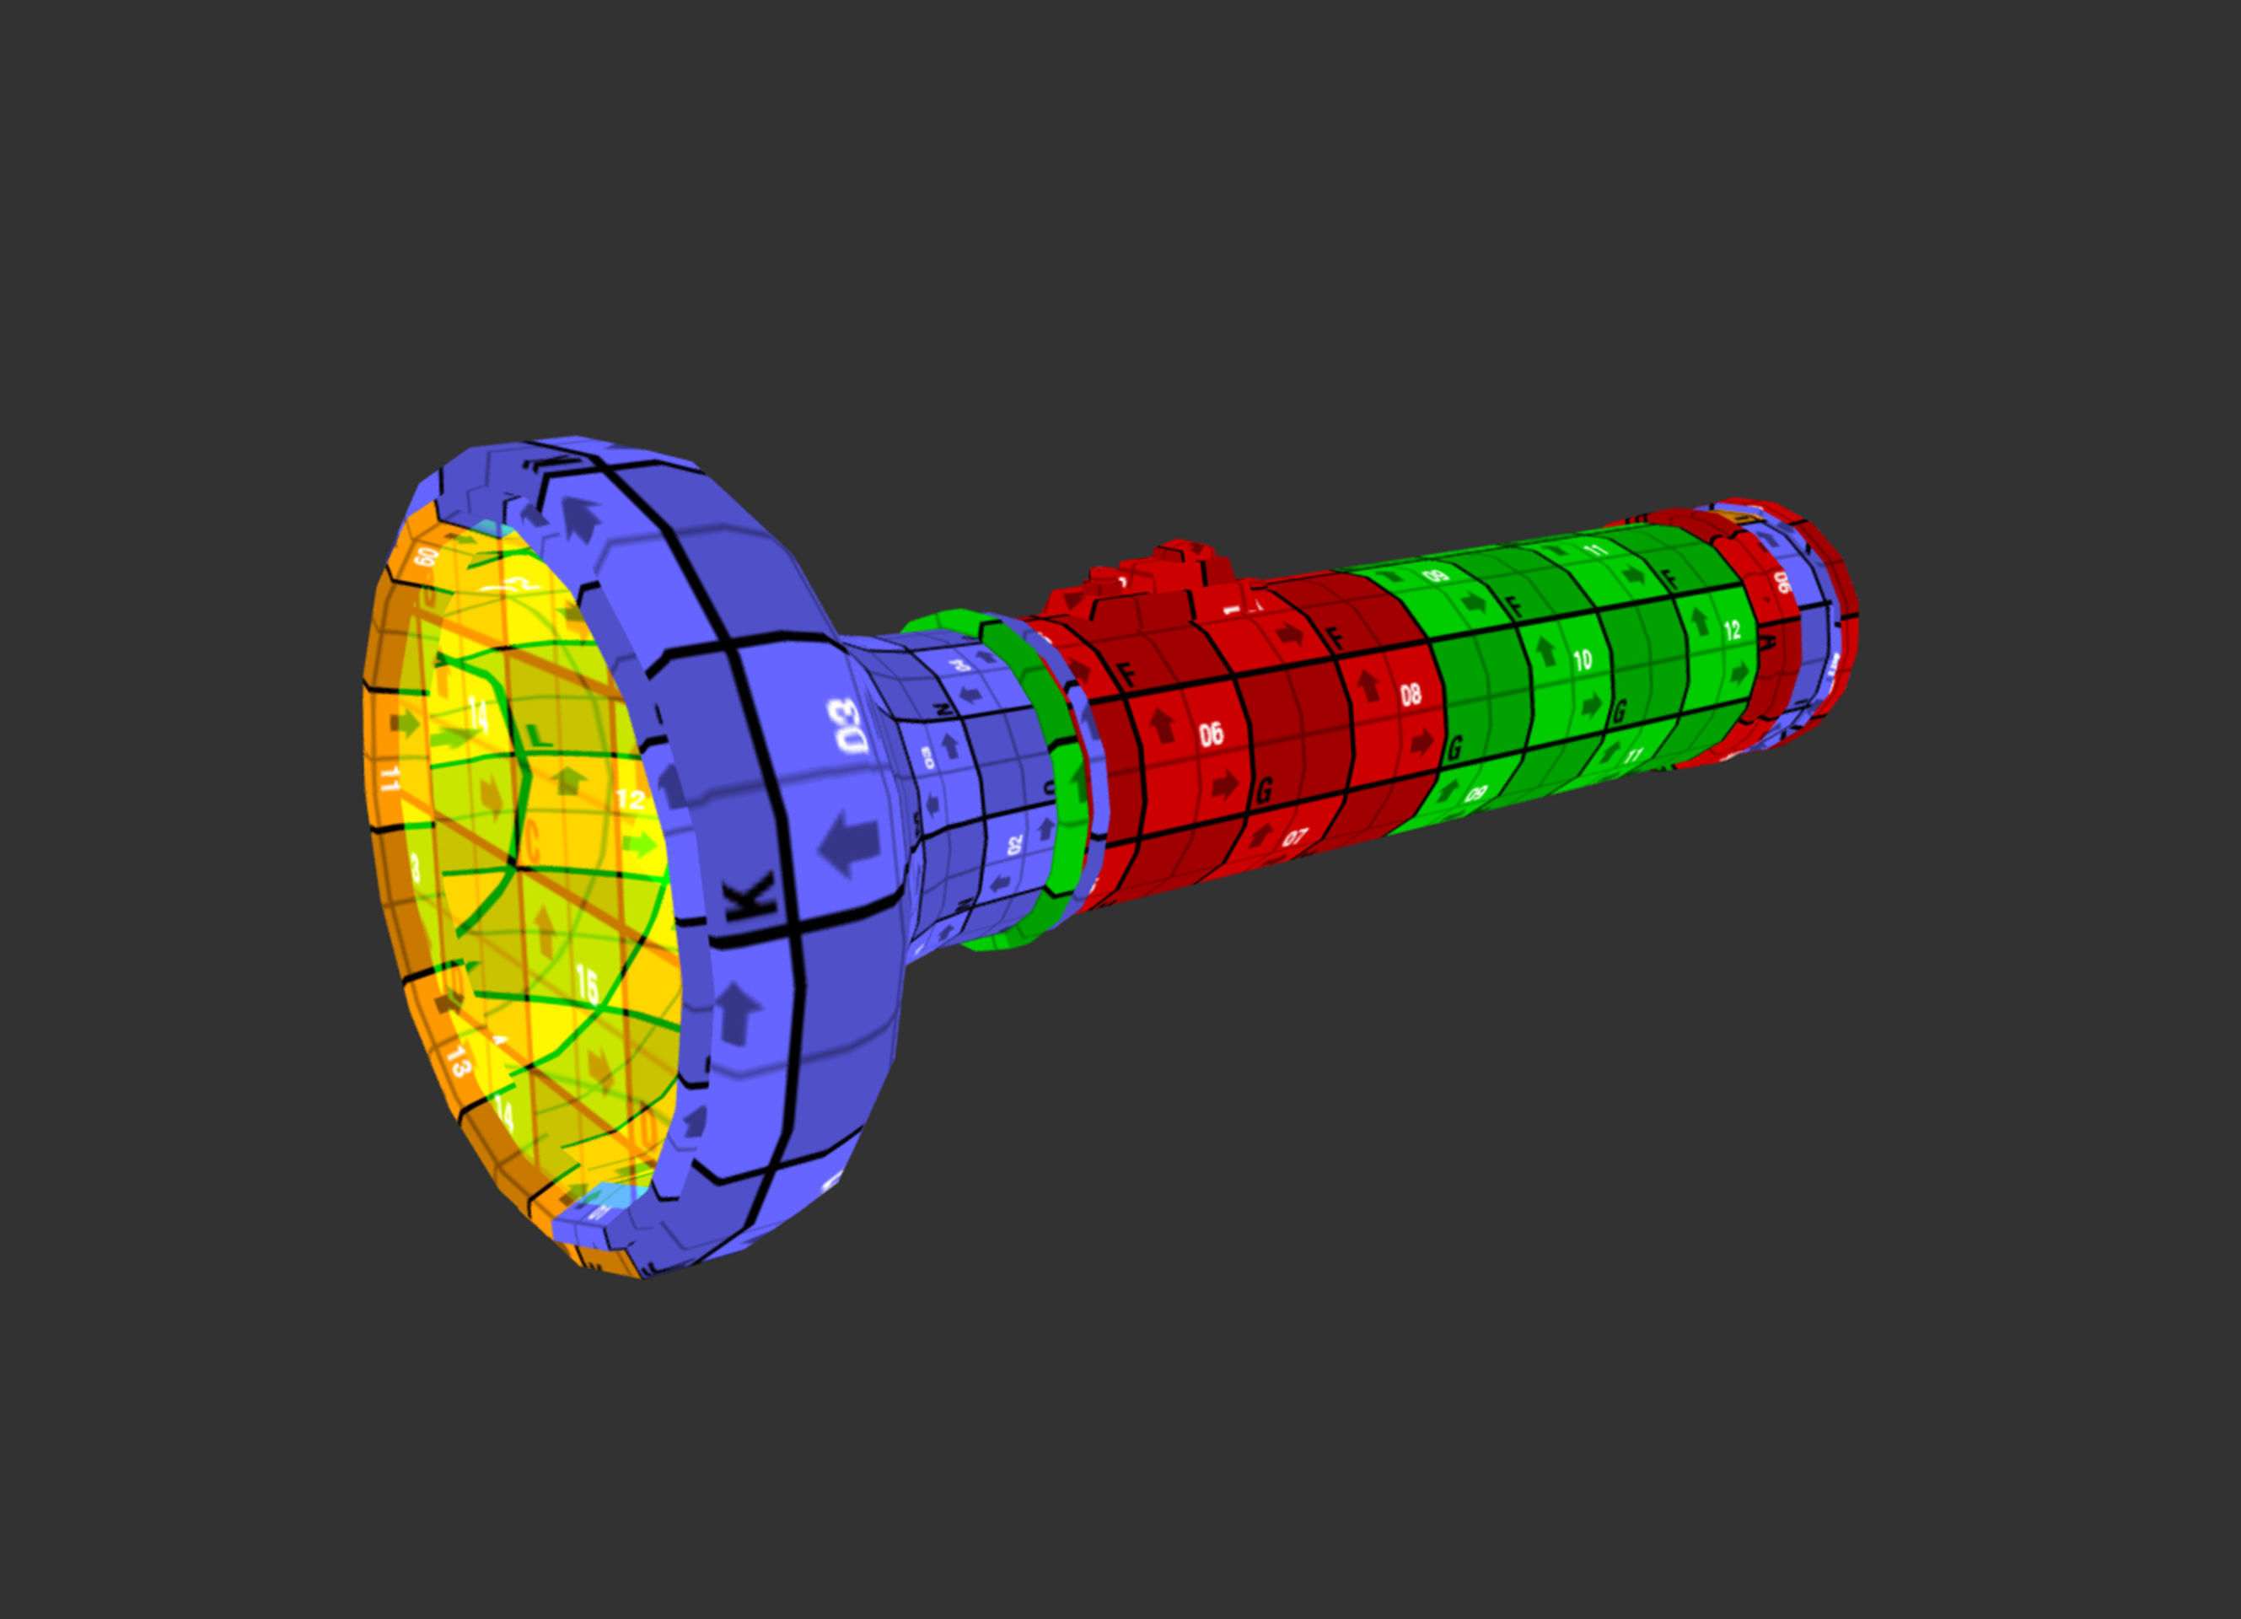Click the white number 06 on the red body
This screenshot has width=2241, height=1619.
click(x=1212, y=734)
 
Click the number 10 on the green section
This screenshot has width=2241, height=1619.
click(x=1583, y=659)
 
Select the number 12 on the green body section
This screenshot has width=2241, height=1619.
click(x=1732, y=631)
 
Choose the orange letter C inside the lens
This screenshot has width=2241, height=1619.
click(x=532, y=842)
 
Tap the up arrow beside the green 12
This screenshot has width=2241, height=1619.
click(x=1700, y=621)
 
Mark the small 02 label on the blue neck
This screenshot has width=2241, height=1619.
click(x=1015, y=845)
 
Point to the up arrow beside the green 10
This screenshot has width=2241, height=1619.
click(x=1546, y=650)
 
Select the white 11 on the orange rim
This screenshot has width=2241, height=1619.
click(x=390, y=779)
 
